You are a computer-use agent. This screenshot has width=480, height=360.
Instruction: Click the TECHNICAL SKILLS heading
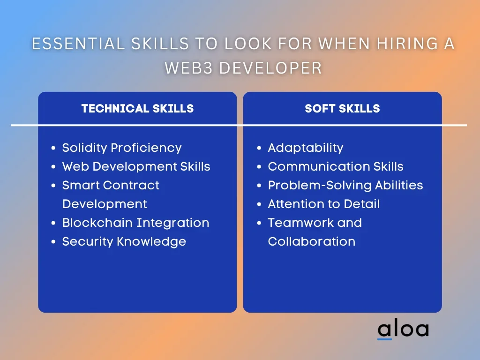[137, 108]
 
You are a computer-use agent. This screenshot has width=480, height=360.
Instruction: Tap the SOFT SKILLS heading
[342, 108]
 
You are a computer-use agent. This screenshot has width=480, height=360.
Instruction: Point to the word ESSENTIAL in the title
[78, 44]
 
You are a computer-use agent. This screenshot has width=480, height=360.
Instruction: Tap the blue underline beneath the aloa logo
[384, 339]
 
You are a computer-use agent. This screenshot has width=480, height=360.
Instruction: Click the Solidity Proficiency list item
[122, 148]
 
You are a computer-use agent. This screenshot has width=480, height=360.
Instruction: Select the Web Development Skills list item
[136, 166]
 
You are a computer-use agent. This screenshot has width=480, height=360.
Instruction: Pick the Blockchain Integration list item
[136, 223]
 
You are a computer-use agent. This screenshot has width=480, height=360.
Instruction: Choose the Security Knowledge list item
[124, 242]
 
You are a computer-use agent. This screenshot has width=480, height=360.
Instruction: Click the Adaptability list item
[306, 148]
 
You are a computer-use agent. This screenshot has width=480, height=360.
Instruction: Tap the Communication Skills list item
[336, 166]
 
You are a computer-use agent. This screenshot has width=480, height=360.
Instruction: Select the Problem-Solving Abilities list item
[345, 186]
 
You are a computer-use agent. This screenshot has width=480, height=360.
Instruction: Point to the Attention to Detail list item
[324, 204]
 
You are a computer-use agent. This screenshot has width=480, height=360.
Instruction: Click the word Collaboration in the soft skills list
[312, 241]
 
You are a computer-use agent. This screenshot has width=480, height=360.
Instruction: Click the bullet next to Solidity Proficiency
[53, 148]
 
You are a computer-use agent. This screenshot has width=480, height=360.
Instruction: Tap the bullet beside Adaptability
[259, 148]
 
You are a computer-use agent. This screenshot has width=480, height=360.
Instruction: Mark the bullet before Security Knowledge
[53, 242]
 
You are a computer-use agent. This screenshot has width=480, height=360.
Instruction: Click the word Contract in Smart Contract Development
[131, 185]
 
